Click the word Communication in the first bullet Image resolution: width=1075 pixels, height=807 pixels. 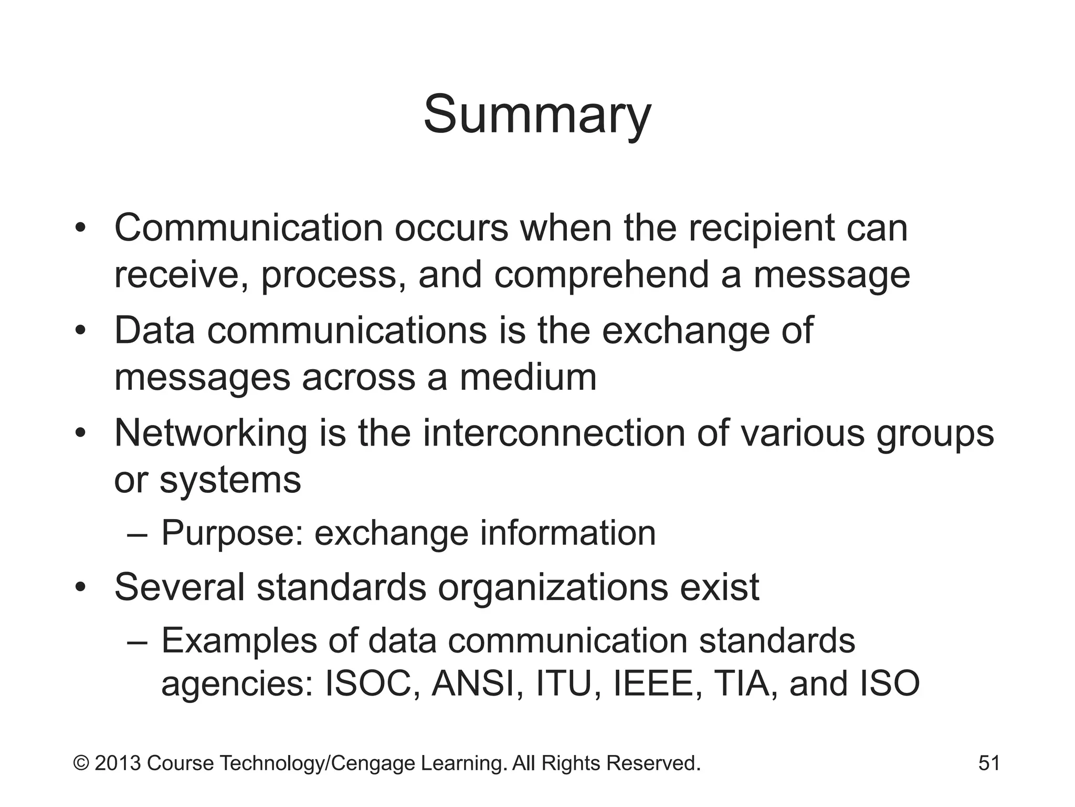(248, 229)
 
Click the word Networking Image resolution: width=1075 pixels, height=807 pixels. (210, 433)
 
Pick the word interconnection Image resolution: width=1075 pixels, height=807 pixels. (554, 433)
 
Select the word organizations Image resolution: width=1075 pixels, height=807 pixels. (553, 587)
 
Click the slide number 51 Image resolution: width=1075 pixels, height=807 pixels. (989, 763)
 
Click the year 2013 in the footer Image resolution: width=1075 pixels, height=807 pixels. (118, 763)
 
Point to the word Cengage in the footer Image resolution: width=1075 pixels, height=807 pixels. (374, 763)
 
